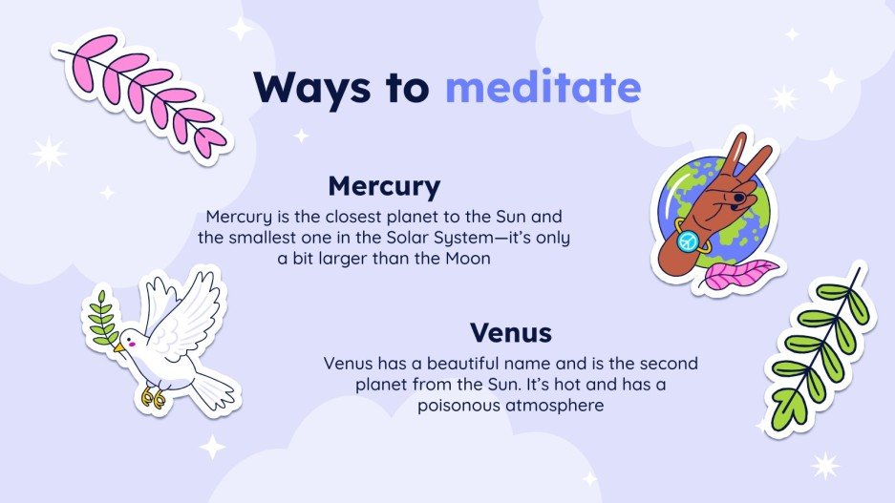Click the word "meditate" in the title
click(543, 88)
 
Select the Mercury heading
click(384, 185)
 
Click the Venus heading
click(511, 333)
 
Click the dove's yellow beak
click(118, 348)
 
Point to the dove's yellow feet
click(153, 394)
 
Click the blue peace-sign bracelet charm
click(688, 242)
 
